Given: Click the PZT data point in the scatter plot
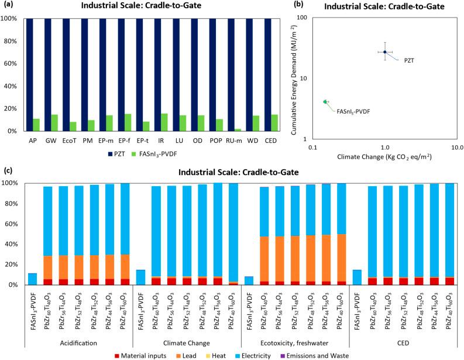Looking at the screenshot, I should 385,52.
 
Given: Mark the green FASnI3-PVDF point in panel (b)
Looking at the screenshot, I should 325,101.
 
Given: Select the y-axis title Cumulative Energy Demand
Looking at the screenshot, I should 305,75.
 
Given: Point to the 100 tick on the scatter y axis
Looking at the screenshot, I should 304,18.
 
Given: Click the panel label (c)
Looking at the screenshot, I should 8,172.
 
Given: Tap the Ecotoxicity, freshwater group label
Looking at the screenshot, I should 294,342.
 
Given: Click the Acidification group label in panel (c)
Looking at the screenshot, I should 79,342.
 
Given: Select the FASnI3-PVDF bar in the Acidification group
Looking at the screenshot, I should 32,279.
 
